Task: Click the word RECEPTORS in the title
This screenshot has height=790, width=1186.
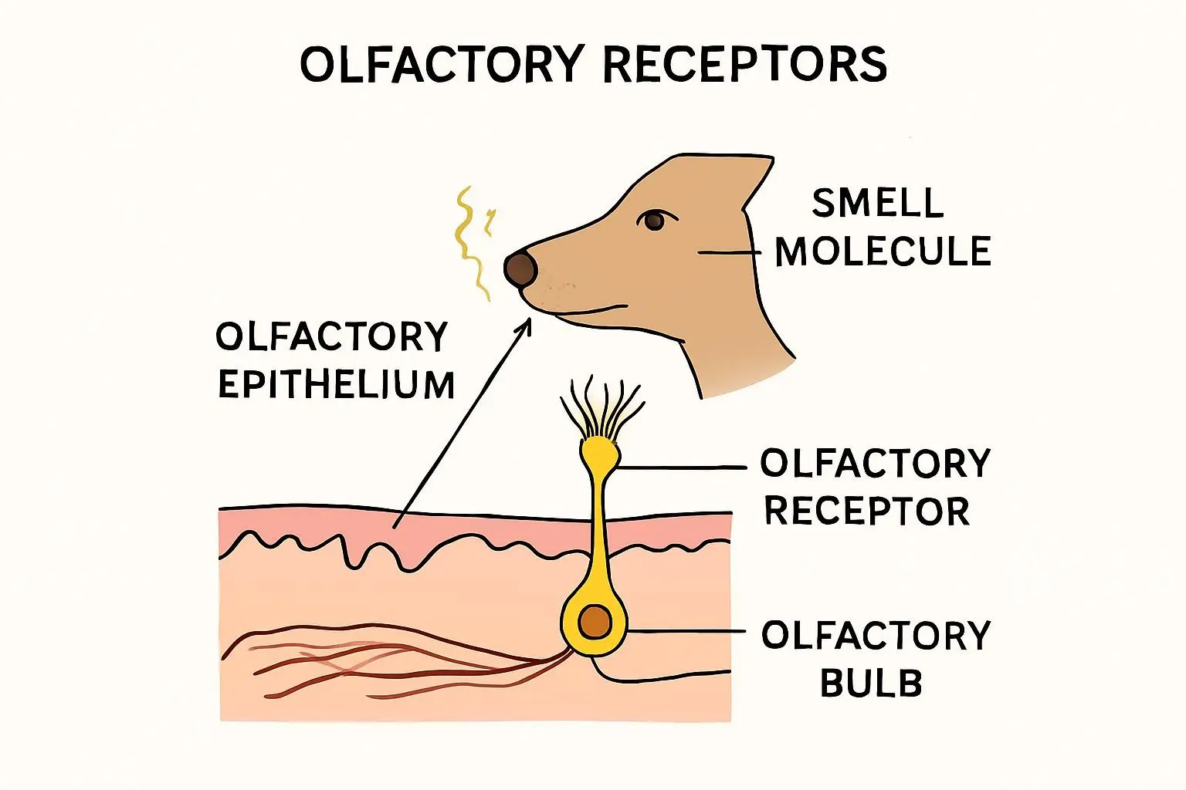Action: [x=744, y=65]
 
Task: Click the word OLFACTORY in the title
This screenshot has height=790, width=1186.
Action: [x=441, y=65]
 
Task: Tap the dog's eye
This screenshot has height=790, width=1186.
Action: [x=653, y=221]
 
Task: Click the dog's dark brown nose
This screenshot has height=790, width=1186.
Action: [x=520, y=268]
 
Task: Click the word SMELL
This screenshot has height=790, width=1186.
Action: [x=878, y=204]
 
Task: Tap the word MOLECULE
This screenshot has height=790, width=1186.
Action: [x=883, y=252]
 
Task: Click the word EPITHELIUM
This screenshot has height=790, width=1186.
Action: [x=337, y=385]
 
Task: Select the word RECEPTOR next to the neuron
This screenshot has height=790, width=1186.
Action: [x=866, y=511]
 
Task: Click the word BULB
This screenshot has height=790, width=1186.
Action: [x=871, y=684]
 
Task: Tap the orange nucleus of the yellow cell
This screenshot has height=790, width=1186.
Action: [x=595, y=622]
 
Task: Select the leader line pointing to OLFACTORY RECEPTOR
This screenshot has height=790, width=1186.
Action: [x=679, y=468]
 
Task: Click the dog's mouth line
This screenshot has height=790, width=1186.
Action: [x=587, y=312]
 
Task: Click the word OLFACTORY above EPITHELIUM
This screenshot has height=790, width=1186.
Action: [x=331, y=337]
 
